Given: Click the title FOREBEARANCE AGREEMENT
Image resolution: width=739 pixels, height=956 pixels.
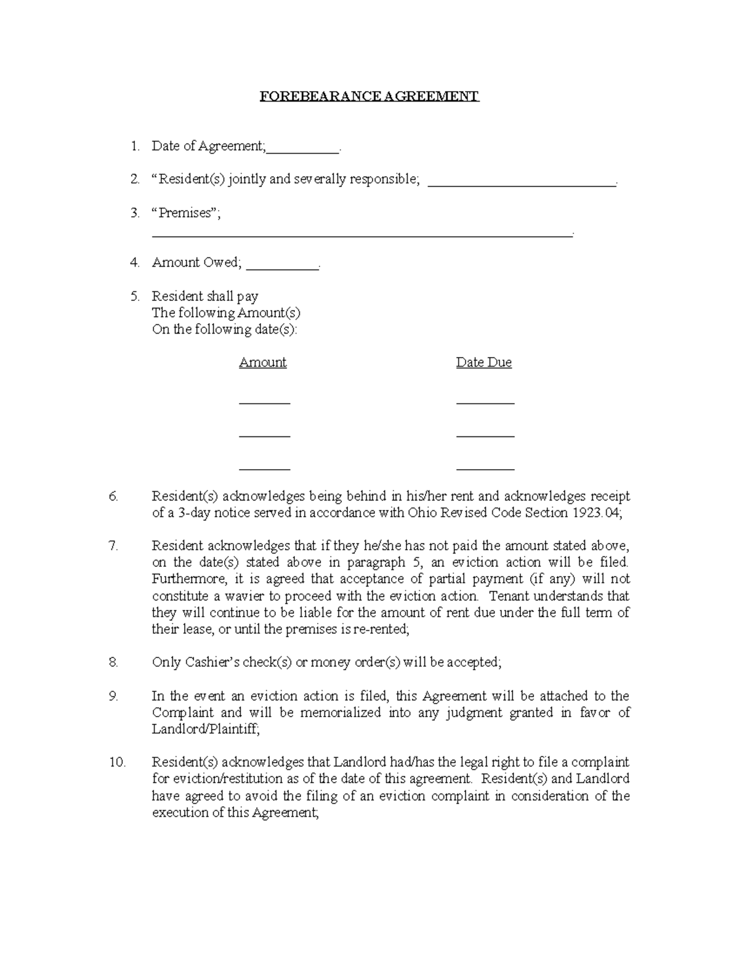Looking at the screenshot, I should [x=369, y=97].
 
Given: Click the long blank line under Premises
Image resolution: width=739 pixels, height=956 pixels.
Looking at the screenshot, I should [x=362, y=235].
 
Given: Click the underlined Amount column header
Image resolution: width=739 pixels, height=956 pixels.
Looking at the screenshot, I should [x=263, y=363].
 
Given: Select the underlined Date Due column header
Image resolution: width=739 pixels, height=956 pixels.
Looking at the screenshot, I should [x=483, y=363].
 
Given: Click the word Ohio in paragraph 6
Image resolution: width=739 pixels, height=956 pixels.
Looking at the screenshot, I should [x=421, y=513].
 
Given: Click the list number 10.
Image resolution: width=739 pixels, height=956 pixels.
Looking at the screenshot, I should [x=117, y=763].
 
